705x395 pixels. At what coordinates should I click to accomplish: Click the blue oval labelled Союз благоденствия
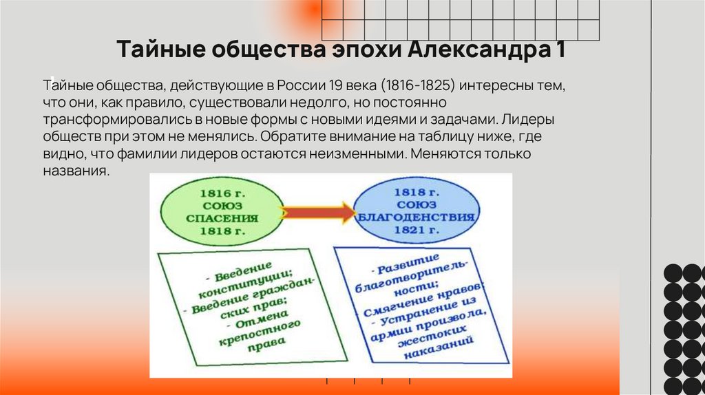[x=417, y=210]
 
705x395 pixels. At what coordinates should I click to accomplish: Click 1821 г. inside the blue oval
[x=417, y=231]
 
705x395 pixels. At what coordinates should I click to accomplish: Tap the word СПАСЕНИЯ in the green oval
[x=221, y=218]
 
